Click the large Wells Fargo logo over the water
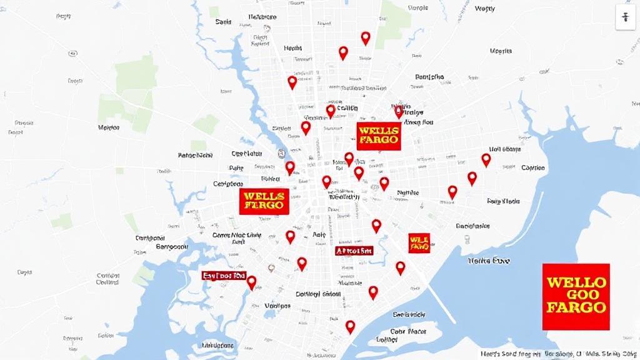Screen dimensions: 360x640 click(x=576, y=296)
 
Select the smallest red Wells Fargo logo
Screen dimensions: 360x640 click(x=419, y=242)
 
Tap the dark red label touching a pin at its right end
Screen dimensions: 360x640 click(x=224, y=275)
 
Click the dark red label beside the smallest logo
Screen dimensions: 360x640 click(x=354, y=251)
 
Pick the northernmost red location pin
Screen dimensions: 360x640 click(x=366, y=37)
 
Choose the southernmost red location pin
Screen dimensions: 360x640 click(x=350, y=326)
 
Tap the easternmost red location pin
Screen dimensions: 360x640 click(x=486, y=159)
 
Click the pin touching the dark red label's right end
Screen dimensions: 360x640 click(x=251, y=282)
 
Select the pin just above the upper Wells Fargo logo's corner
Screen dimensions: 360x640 click(x=399, y=112)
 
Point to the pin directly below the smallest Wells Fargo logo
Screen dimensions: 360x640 click(x=400, y=267)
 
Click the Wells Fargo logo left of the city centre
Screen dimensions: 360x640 click(x=264, y=201)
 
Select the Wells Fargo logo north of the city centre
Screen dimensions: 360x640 click(x=378, y=135)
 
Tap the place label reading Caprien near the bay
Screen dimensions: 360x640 click(x=533, y=167)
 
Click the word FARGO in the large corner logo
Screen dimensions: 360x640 click(x=576, y=307)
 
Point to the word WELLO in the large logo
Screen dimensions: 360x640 click(x=576, y=282)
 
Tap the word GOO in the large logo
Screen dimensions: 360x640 click(x=576, y=294)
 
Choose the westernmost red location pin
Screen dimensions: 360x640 click(x=251, y=282)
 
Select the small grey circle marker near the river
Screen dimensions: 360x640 click(x=282, y=152)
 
